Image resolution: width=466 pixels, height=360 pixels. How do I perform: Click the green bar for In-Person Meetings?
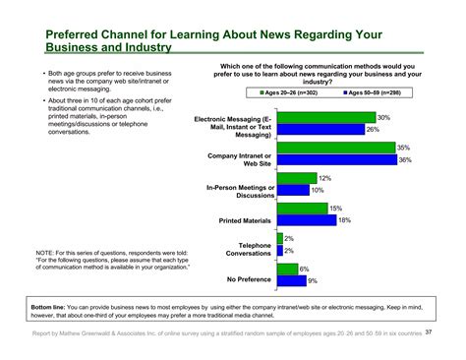pos(297,179)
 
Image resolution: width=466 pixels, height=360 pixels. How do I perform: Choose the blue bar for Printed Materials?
pos(306,220)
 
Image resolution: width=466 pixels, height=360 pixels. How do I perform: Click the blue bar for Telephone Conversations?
pos(280,251)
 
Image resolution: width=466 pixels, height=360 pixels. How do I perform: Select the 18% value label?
pos(344,220)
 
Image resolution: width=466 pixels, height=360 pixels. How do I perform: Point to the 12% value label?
pos(324,179)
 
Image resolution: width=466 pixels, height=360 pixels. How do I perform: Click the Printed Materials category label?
pos(244,220)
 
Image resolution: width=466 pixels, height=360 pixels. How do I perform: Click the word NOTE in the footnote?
pos(45,253)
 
